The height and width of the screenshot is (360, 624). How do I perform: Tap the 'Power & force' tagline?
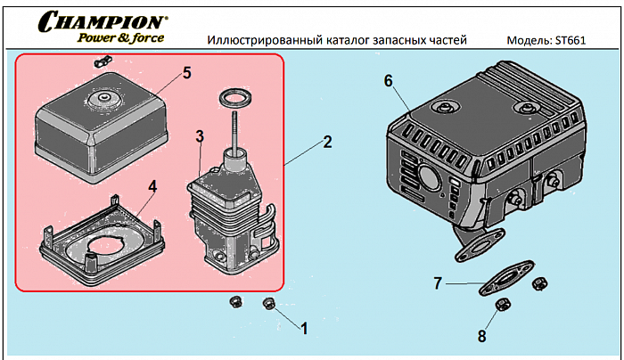[119, 37]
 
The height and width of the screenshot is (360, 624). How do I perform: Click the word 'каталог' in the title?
[341, 41]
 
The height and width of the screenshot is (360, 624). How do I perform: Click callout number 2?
[327, 142]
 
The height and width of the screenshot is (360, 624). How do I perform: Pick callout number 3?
[201, 135]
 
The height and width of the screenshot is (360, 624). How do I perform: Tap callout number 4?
[152, 186]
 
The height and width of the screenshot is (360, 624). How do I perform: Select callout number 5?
[186, 72]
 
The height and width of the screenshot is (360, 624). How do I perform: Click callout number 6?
[388, 80]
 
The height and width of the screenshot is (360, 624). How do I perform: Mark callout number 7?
[438, 284]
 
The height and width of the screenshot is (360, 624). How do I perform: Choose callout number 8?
[482, 336]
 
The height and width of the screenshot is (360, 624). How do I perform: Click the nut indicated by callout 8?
[502, 306]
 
